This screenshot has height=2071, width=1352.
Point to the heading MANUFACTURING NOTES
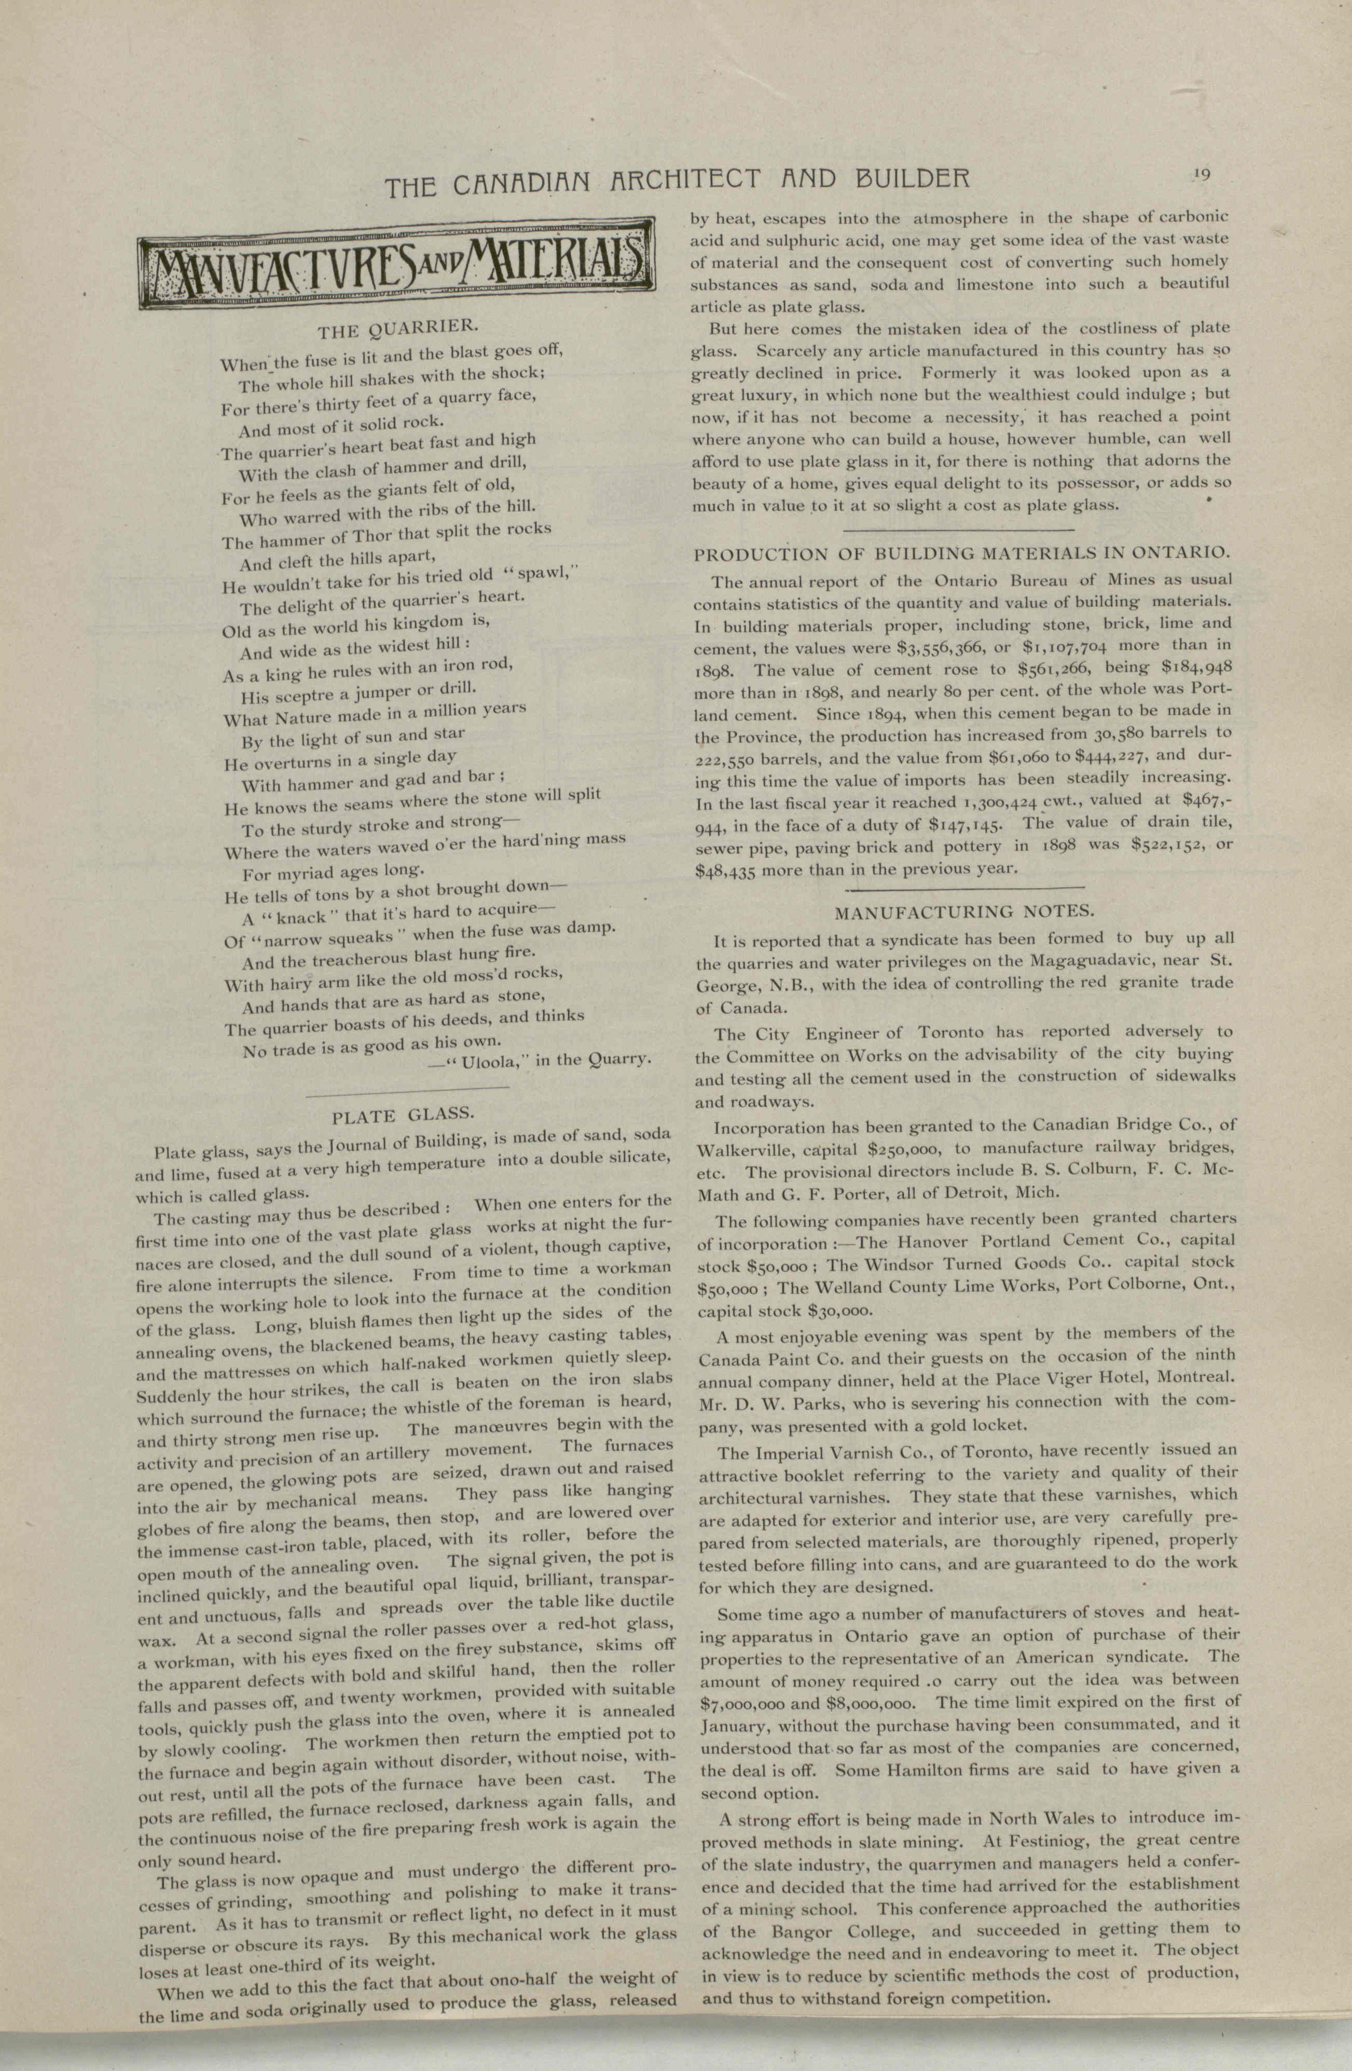coord(964,912)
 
